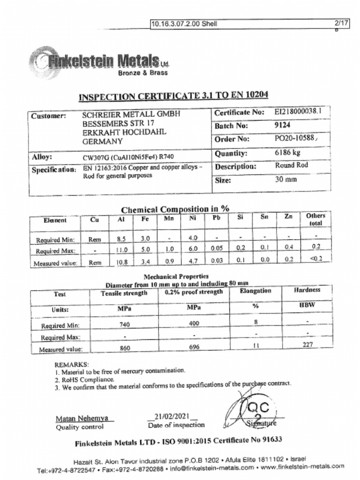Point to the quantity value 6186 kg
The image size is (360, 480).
287,153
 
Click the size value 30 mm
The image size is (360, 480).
285,180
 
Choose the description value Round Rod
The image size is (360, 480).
291,165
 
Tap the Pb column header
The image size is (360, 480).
217,218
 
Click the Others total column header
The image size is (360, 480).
315,219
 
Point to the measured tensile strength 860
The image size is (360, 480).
125,348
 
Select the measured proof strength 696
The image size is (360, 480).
194,347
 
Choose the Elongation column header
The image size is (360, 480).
255,291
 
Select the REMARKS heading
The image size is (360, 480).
72,364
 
